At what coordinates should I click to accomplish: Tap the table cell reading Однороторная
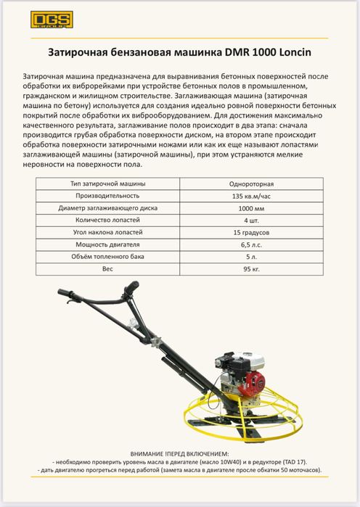coord(253,184)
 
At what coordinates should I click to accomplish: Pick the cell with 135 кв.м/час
coord(253,196)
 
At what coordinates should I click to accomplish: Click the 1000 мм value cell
coord(253,208)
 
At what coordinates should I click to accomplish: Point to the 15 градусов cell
coord(253,232)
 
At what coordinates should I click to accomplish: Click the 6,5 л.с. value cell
coord(253,244)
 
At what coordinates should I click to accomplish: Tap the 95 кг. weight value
coord(253,268)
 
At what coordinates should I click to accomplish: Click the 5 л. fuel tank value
coord(253,256)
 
